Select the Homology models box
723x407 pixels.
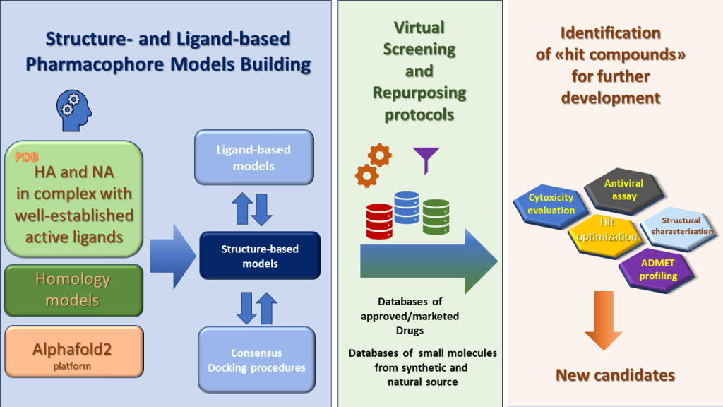(73, 290)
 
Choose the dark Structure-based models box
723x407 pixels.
(260, 256)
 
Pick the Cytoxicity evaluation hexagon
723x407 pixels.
(551, 203)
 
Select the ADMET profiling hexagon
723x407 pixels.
(657, 270)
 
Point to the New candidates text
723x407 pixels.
(615, 375)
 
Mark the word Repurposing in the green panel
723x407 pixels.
(419, 92)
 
